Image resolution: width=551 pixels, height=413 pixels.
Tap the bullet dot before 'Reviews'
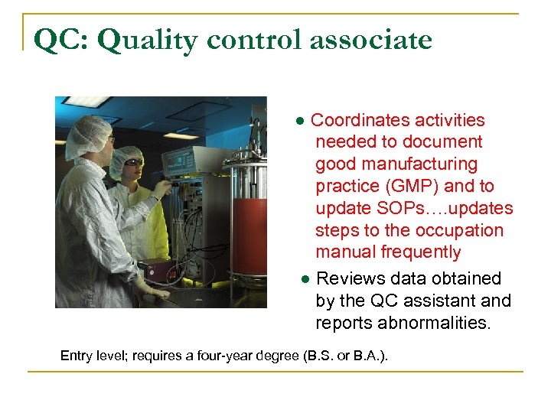[x=305, y=279]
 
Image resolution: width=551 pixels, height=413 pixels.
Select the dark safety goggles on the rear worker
[x=133, y=163]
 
